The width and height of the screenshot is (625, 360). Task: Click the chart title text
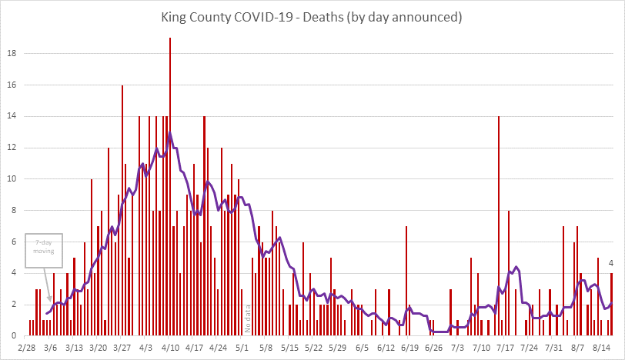click(312, 16)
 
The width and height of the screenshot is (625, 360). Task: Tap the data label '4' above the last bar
click(611, 264)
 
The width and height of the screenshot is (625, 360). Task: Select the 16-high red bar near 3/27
click(122, 211)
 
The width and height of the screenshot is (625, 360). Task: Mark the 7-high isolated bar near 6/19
click(406, 281)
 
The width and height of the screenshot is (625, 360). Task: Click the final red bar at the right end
click(611, 305)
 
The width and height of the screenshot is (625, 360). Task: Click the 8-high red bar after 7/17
click(509, 273)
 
